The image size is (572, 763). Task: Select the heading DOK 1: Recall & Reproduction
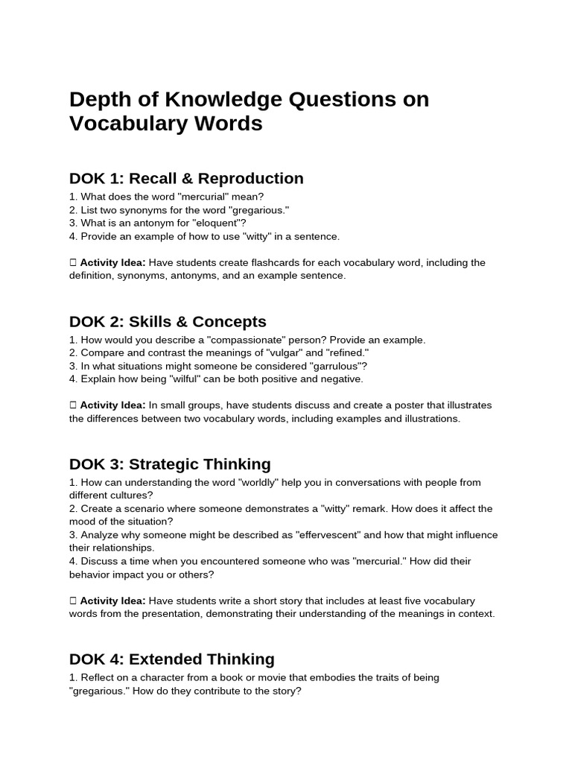tap(186, 179)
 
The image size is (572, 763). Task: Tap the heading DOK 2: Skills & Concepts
tap(168, 322)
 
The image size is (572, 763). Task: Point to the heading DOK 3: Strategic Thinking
tap(170, 464)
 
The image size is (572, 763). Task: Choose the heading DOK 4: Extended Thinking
tap(171, 659)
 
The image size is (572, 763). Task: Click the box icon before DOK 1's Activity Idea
tap(73, 262)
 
